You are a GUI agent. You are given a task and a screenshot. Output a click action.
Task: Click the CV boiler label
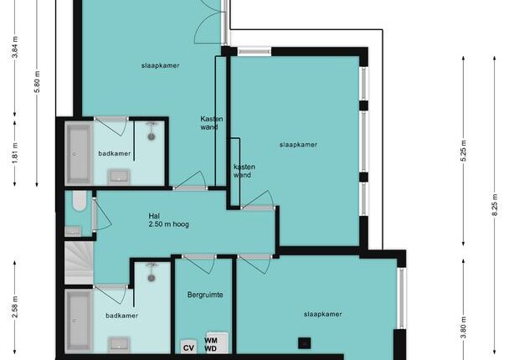click(x=188, y=348)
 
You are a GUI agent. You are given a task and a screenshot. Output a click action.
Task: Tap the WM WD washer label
click(x=211, y=345)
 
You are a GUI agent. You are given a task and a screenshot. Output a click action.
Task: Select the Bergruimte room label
click(x=205, y=295)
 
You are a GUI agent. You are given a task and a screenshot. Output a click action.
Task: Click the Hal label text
click(x=154, y=216)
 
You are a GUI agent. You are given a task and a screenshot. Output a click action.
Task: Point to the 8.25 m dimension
click(x=495, y=204)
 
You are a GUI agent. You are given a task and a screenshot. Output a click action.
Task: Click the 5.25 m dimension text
click(x=464, y=151)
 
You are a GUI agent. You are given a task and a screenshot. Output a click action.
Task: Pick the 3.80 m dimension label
click(x=464, y=327)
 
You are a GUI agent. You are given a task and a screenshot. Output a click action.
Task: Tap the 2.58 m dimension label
click(x=15, y=306)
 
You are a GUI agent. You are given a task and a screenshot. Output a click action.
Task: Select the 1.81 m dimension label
click(x=15, y=153)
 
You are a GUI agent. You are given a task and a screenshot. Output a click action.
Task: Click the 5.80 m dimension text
click(x=37, y=82)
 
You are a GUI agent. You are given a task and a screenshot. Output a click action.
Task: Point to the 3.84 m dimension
click(x=15, y=48)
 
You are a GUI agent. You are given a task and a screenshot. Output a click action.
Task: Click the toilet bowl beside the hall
click(x=80, y=201)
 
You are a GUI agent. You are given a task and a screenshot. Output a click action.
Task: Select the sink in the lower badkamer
click(x=119, y=344)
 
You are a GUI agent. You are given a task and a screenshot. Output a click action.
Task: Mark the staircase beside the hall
click(x=79, y=263)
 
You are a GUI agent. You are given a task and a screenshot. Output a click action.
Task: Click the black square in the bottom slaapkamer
click(x=305, y=343)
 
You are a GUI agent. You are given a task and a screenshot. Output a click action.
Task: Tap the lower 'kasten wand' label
click(x=244, y=171)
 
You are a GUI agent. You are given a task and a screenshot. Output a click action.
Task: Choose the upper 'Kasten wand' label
click(x=212, y=123)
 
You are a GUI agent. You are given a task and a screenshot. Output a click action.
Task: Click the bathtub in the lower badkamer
click(x=79, y=321)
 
